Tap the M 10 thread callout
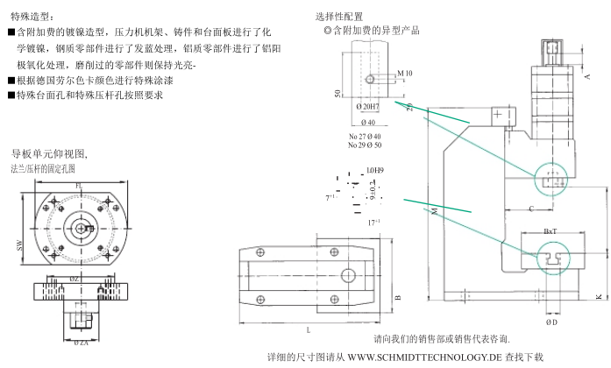(x=404, y=74)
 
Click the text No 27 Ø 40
(x=365, y=137)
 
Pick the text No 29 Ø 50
(x=365, y=145)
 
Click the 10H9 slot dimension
(x=375, y=169)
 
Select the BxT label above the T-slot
(x=551, y=231)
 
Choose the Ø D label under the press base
(x=551, y=322)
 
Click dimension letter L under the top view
(x=309, y=329)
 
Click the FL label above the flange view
(x=79, y=186)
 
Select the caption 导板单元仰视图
(x=50, y=153)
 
